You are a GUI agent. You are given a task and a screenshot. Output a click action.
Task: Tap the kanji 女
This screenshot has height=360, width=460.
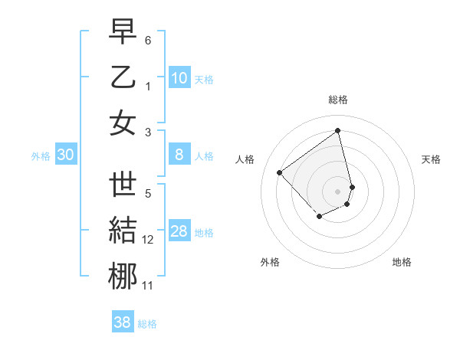[123, 123]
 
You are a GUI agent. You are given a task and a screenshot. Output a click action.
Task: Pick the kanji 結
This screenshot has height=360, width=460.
[123, 231]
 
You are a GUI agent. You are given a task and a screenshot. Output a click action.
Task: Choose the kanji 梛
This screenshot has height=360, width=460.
[123, 277]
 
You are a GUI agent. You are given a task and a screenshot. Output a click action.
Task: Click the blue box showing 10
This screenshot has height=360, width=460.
[179, 77]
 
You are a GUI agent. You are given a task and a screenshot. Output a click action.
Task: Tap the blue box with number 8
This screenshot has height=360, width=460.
[179, 155]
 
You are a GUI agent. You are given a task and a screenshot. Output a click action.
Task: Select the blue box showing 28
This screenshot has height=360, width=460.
[179, 231]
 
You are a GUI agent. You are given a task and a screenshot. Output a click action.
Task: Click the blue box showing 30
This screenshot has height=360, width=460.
[66, 155]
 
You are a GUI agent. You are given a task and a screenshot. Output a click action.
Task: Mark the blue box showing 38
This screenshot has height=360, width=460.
[123, 322]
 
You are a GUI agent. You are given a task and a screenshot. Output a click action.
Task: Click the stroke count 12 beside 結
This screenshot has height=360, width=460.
[148, 240]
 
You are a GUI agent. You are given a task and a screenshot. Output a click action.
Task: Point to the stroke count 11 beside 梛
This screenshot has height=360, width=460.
[148, 286]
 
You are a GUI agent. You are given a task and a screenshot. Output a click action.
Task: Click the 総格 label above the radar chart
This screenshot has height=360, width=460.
[338, 100]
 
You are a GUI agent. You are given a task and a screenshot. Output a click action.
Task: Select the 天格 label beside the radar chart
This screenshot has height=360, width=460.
[432, 159]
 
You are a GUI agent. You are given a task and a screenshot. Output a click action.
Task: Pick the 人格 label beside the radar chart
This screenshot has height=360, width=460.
[245, 159]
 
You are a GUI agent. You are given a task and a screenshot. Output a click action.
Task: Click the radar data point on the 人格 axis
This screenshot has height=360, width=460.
[280, 172]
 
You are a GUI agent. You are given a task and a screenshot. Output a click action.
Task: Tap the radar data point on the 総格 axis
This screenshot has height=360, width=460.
[338, 130]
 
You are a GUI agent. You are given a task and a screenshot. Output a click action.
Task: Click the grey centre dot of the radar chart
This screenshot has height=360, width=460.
[338, 191]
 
